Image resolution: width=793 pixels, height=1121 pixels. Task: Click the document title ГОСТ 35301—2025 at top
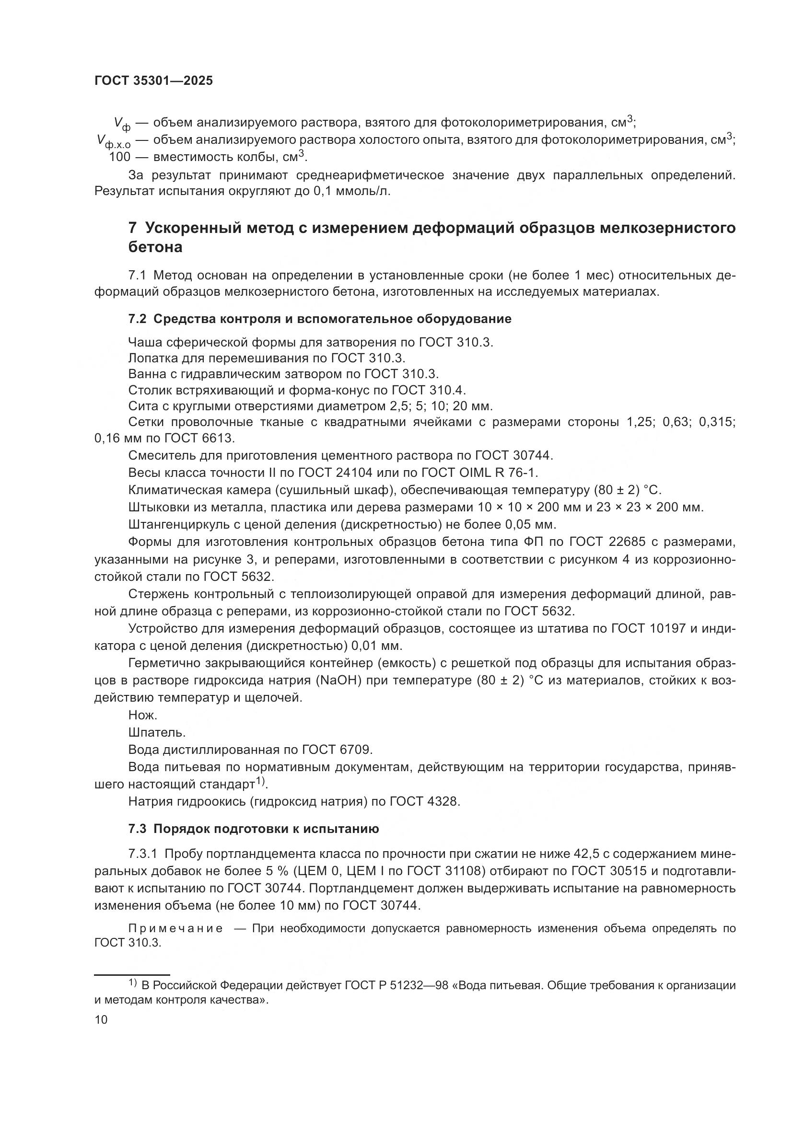[153, 81]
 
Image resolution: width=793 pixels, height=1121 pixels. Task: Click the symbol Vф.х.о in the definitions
[114, 141]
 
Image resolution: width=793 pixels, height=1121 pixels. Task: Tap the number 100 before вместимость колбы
[120, 157]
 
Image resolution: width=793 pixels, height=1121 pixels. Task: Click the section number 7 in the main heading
[132, 229]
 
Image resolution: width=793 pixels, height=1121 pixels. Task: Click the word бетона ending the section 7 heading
[155, 247]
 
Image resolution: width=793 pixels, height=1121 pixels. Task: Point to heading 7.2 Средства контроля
[319, 319]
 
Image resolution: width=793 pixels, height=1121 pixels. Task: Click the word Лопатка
[153, 358]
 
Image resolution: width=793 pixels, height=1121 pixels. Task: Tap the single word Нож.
[142, 715]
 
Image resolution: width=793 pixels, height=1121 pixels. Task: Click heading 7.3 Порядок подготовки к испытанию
[254, 829]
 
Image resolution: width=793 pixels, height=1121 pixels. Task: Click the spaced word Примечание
[175, 928]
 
